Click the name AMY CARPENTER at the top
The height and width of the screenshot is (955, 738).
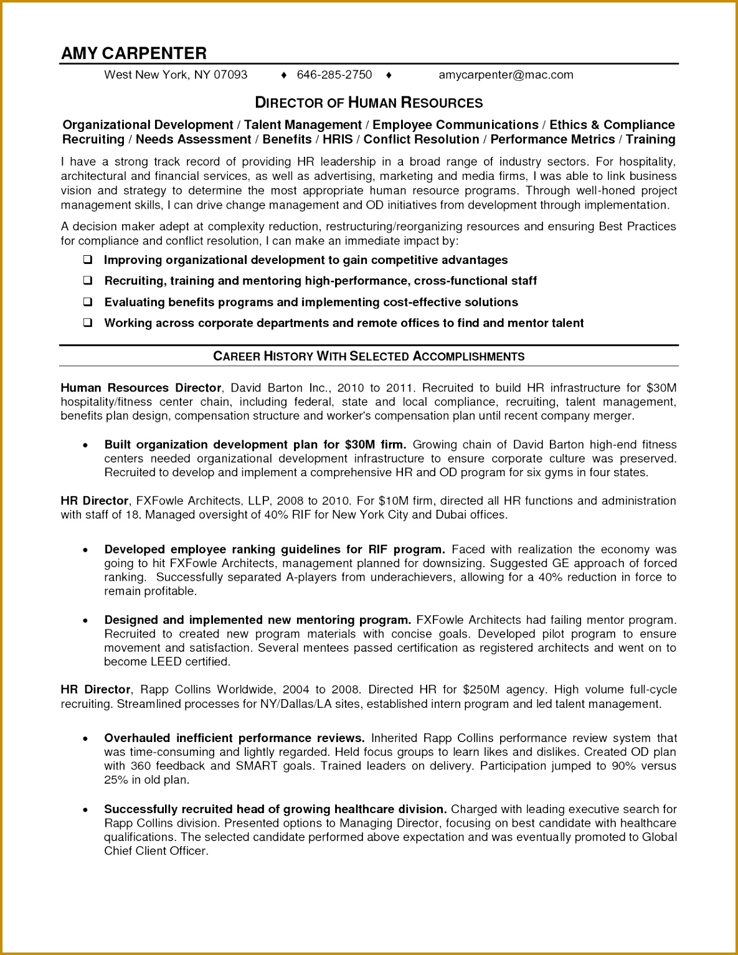click(134, 54)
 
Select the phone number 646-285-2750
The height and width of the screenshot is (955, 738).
click(334, 75)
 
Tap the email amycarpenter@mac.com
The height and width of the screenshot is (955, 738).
click(506, 75)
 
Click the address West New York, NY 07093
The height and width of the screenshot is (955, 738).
click(176, 75)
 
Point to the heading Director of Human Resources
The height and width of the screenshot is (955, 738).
click(369, 103)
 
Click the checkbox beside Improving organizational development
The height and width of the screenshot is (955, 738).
click(88, 260)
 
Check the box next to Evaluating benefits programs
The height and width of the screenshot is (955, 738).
click(88, 302)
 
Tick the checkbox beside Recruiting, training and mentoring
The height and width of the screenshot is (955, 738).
click(88, 281)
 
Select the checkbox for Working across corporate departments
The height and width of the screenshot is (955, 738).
click(88, 322)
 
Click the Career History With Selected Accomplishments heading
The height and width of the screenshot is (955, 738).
click(369, 356)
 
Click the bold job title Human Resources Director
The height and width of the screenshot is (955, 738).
click(141, 388)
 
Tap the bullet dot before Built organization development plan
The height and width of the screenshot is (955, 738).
click(86, 446)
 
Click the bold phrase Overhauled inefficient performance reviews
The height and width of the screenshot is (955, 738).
click(234, 738)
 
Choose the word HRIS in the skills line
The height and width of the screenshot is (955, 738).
click(338, 139)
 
